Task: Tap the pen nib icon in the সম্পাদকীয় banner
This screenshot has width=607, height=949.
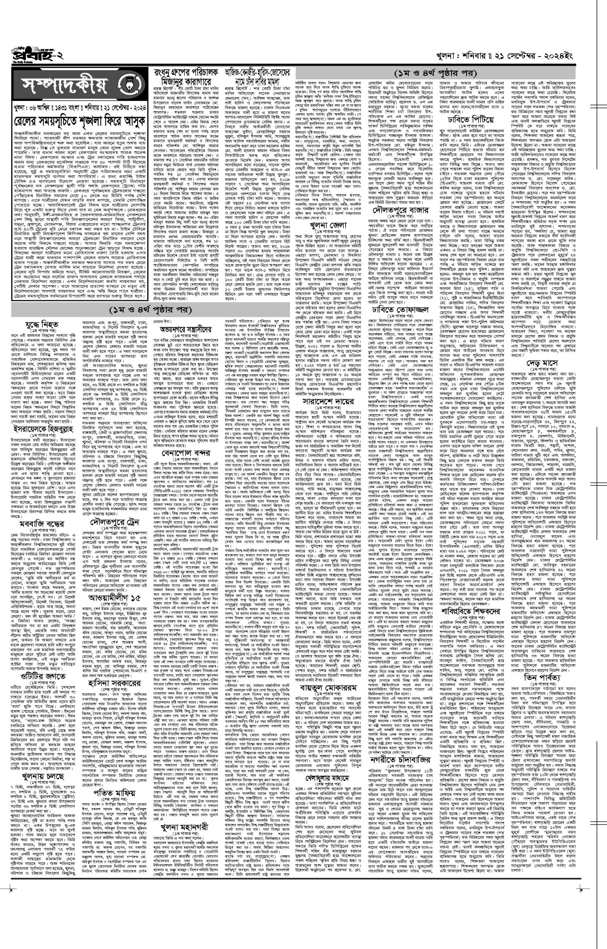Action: pyautogui.click(x=130, y=84)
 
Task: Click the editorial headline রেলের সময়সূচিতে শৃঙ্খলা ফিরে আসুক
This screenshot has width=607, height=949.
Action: pyautogui.click(x=79, y=121)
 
